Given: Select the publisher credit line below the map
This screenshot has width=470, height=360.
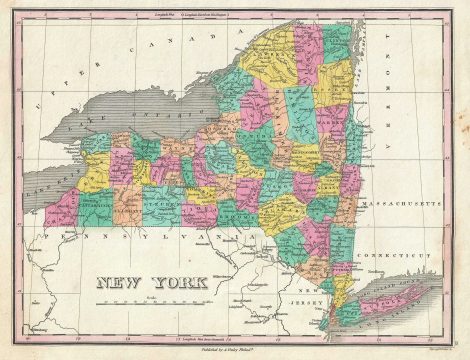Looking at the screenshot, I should coord(236,351).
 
